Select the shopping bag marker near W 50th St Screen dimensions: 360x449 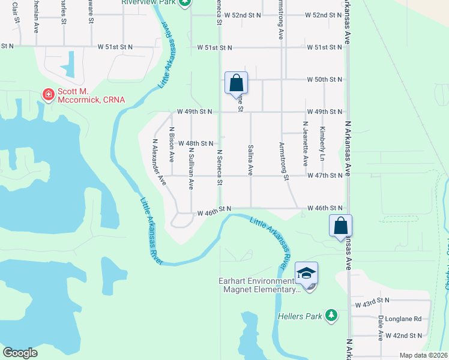click(x=237, y=83)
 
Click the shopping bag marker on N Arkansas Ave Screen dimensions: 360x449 click(x=340, y=226)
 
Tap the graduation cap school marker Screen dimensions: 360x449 click(x=306, y=273)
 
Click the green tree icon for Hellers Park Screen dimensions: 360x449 click(x=331, y=315)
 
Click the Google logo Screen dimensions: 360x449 click(x=20, y=353)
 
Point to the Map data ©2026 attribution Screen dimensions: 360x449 click(x=424, y=355)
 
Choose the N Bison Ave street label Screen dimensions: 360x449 click(x=172, y=145)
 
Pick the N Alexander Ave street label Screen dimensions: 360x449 click(x=159, y=163)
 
